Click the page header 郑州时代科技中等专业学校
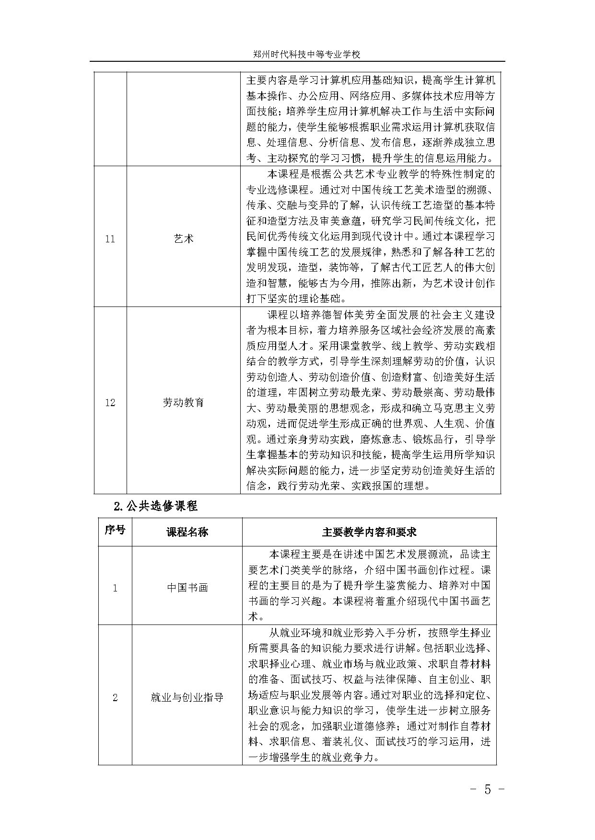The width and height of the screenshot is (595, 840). [306, 55]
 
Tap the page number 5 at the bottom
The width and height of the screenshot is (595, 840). [488, 790]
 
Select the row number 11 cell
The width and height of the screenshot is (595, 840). [110, 238]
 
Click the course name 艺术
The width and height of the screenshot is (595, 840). [184, 238]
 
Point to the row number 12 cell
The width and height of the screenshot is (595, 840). [110, 402]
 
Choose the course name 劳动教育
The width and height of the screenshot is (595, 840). [184, 402]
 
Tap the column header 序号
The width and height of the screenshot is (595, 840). [115, 530]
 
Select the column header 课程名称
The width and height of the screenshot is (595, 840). [187, 532]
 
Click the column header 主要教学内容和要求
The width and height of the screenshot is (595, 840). [369, 532]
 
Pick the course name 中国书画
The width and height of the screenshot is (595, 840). [187, 588]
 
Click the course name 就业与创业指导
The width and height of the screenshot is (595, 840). [187, 697]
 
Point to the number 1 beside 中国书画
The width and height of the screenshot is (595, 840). [115, 588]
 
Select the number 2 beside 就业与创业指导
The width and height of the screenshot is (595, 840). [115, 697]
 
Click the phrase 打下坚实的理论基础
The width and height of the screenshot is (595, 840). [295, 298]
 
